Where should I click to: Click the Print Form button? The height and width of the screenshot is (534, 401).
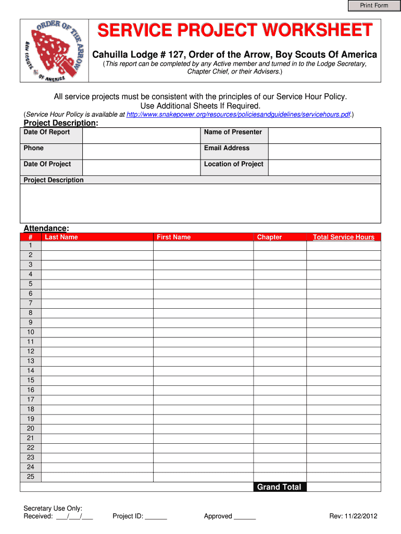374,6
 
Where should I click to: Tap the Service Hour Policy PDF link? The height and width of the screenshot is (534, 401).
239,114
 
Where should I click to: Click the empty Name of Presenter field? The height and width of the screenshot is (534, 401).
324,136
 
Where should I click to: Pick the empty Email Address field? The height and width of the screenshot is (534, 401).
324,152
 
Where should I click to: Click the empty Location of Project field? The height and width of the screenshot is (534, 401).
324,167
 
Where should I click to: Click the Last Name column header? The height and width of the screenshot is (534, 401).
61,237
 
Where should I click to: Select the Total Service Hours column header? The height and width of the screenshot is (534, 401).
344,237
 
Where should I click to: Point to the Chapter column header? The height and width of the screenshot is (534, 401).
269,237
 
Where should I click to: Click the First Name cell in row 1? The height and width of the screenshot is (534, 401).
203,246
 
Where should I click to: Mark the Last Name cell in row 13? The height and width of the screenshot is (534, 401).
97,361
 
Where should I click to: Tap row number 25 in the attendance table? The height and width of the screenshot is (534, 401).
31,477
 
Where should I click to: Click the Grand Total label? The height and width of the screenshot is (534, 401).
279,487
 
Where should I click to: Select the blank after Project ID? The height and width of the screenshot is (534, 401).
156,517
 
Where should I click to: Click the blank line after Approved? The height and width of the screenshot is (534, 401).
245,517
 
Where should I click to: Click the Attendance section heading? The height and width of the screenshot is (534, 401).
46,228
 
